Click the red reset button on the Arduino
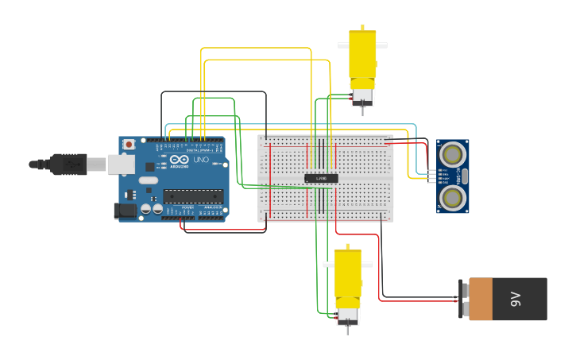pyautogui.click(x=129, y=145)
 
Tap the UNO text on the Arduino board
pyautogui.click(x=200, y=160)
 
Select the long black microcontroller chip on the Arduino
pyautogui.click(x=193, y=196)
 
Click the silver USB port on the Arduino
pyautogui.click(x=121, y=164)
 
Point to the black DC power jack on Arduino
pyautogui.click(x=124, y=211)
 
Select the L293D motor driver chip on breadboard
pyautogui.click(x=321, y=178)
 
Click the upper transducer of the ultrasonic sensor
pyautogui.click(x=452, y=153)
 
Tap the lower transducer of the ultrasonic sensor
pyautogui.click(x=452, y=197)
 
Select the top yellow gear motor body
pyautogui.click(x=362, y=60)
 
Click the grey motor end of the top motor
pyautogui.click(x=362, y=97)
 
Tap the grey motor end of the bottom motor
pyautogui.click(x=347, y=316)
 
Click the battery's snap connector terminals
pyautogui.click(x=462, y=299)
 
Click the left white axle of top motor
pyautogui.click(x=343, y=45)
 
